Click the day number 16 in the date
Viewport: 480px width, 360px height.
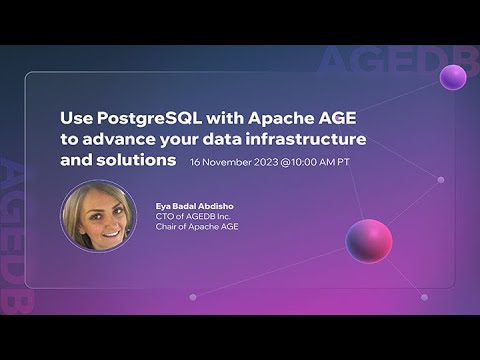196,161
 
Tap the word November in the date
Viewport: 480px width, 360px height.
229,161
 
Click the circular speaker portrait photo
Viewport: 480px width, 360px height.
98,215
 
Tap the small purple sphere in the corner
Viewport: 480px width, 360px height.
453,77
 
